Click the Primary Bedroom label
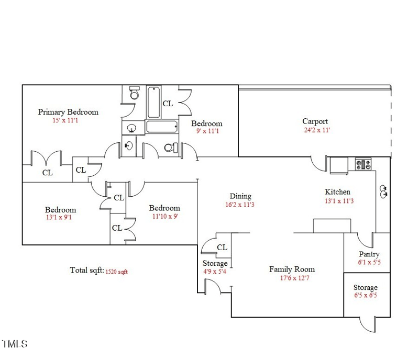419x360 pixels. (x=68, y=111)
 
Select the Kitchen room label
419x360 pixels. (x=337, y=192)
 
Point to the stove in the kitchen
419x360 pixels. (x=363, y=164)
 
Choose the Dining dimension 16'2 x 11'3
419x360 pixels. (x=240, y=205)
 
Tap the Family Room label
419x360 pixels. (x=292, y=269)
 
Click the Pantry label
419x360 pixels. (x=369, y=254)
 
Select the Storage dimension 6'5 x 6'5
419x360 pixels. (x=365, y=296)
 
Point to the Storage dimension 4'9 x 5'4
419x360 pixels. (x=215, y=272)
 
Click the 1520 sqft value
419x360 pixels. (x=116, y=272)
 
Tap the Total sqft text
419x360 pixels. (x=86, y=271)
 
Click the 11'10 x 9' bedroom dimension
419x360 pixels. (x=165, y=216)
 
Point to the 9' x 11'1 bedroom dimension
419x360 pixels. (x=206, y=132)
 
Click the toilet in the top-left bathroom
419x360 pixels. (x=134, y=94)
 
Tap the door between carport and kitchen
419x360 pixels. (x=319, y=164)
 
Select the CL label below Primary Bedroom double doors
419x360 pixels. (x=47, y=173)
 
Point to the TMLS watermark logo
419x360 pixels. (x=14, y=344)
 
